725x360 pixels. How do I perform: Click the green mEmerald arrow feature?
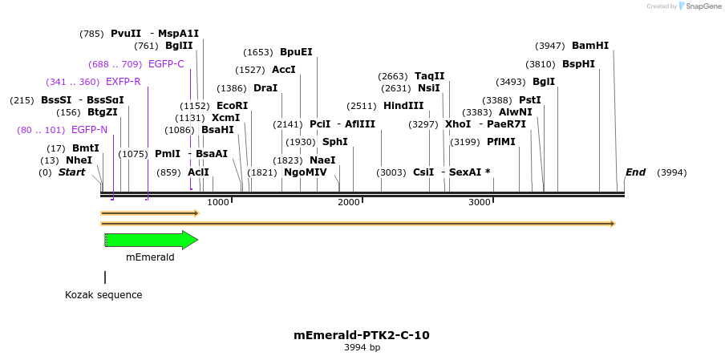pyautogui.click(x=151, y=240)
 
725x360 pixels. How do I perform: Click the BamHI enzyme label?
pyautogui.click(x=590, y=46)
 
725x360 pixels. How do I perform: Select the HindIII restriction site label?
pyautogui.click(x=403, y=106)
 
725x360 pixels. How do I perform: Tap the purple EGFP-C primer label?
pyautogui.click(x=166, y=64)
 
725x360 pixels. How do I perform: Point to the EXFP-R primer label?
pyautogui.click(x=123, y=82)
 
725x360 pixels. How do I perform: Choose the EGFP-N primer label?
pyautogui.click(x=89, y=130)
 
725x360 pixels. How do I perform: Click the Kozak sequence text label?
pyautogui.click(x=103, y=295)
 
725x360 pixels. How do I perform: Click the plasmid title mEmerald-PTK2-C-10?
pyautogui.click(x=362, y=335)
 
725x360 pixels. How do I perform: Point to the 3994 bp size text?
pyautogui.click(x=362, y=348)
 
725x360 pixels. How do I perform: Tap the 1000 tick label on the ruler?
pyautogui.click(x=218, y=203)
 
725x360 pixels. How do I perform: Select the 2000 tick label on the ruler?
pyautogui.click(x=349, y=203)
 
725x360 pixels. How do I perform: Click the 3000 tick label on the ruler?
pyautogui.click(x=480, y=203)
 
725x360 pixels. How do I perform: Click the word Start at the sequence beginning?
pyautogui.click(x=71, y=172)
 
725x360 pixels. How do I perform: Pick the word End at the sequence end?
pyautogui.click(x=635, y=172)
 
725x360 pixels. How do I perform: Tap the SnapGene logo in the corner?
pyautogui.click(x=698, y=6)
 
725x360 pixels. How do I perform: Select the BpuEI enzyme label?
pyautogui.click(x=296, y=52)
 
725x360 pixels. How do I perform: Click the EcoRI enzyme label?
pyautogui.click(x=232, y=106)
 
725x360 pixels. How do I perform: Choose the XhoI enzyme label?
pyautogui.click(x=458, y=124)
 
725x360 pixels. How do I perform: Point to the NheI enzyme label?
pyautogui.click(x=79, y=160)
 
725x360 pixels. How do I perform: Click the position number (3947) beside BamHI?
pyautogui.click(x=551, y=46)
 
